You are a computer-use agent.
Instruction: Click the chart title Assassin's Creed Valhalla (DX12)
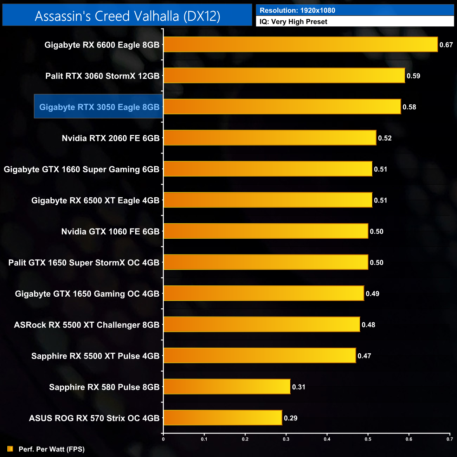(127, 16)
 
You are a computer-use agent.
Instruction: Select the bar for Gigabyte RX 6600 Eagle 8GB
(301, 45)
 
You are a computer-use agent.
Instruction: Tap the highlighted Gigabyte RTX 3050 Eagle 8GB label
(99, 107)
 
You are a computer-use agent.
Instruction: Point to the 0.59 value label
(413, 76)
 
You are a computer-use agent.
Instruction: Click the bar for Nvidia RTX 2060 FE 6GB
(270, 138)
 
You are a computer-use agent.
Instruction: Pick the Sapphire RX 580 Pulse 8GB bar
(227, 387)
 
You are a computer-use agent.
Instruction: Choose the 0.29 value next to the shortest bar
(291, 418)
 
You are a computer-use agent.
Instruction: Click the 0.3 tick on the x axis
(286, 439)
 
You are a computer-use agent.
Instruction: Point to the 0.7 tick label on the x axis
(450, 439)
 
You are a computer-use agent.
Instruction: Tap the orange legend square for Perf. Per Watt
(10, 449)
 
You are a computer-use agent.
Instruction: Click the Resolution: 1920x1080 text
(297, 11)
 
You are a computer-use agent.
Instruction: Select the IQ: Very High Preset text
(294, 22)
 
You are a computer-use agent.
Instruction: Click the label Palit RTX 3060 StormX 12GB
(102, 76)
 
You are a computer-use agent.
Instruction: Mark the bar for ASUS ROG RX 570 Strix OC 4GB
(223, 418)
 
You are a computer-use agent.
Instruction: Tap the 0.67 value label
(446, 45)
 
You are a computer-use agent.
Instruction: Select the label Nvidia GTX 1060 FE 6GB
(110, 231)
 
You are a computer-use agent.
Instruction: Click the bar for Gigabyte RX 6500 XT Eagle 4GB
(268, 200)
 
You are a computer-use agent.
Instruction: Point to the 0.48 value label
(368, 325)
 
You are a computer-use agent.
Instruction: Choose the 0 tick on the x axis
(163, 439)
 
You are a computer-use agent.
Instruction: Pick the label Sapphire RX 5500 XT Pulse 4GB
(95, 356)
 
